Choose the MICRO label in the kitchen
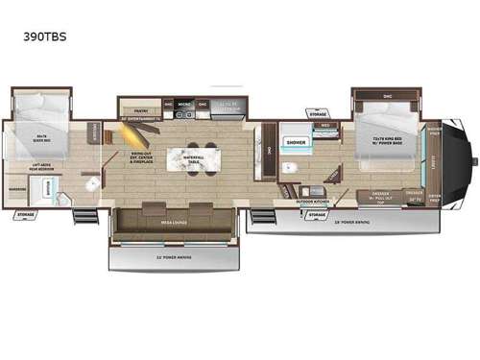184,102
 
